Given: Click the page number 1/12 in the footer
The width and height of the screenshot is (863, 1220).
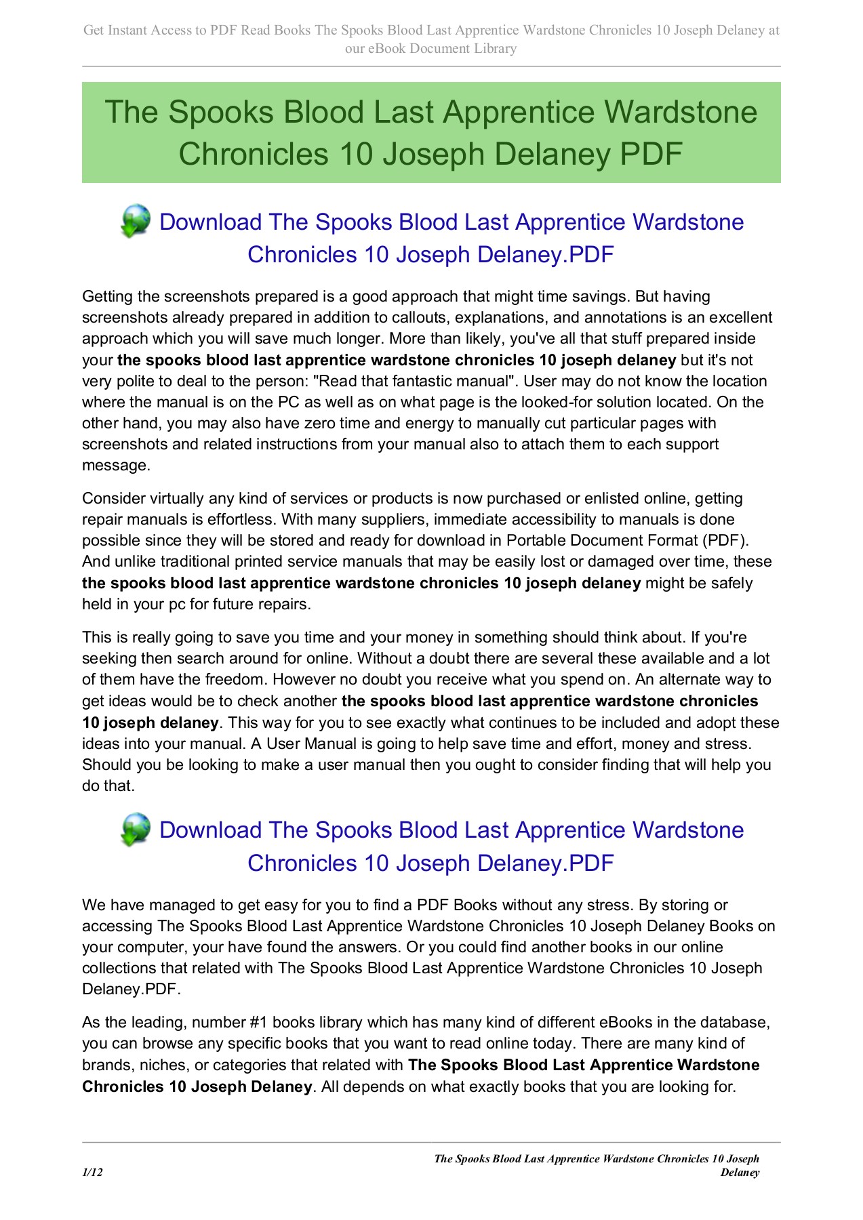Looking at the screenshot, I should click(x=92, y=1173).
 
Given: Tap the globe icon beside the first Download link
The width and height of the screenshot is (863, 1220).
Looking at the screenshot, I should click(x=136, y=221).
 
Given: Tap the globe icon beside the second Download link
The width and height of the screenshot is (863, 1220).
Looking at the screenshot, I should click(x=136, y=829).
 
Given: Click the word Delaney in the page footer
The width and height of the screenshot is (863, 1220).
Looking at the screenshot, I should click(x=740, y=1173).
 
